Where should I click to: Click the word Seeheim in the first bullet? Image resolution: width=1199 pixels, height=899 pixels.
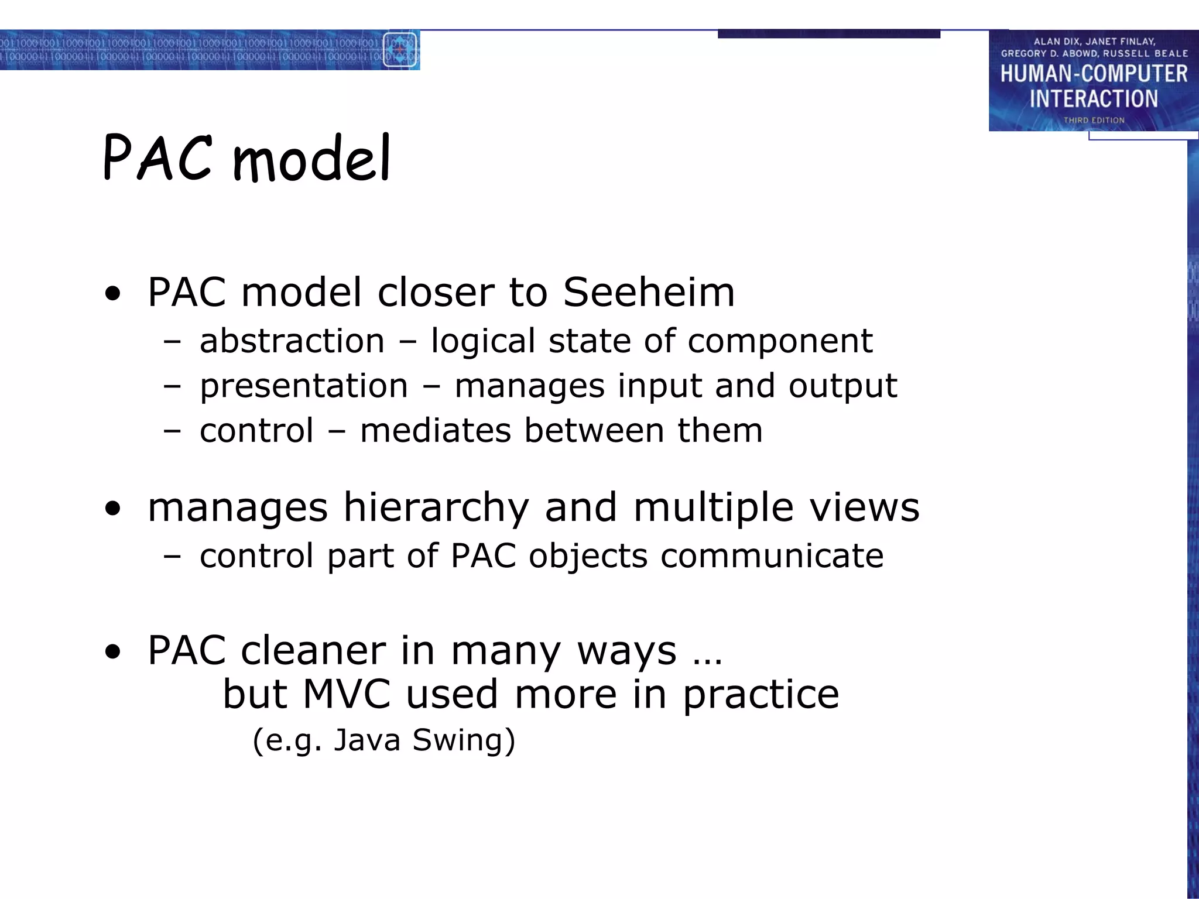pos(648,292)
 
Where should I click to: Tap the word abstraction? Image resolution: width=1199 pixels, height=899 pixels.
pos(292,341)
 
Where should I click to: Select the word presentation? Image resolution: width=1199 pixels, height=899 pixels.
pos(304,386)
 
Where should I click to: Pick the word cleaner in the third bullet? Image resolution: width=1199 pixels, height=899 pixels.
pos(313,650)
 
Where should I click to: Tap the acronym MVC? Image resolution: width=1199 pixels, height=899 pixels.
pos(347,695)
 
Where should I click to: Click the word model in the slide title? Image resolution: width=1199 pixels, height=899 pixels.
pos(311,159)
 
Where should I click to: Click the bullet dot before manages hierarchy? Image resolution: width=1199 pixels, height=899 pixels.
pos(112,509)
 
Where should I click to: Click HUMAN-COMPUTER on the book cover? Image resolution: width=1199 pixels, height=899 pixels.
pos(1094,74)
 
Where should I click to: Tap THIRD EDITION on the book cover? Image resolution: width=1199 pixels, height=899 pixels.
pos(1094,121)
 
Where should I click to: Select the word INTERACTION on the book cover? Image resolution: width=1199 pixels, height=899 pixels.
pos(1094,99)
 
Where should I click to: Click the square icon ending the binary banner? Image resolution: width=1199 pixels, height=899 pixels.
pos(399,50)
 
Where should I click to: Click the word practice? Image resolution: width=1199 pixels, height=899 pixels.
pos(760,695)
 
